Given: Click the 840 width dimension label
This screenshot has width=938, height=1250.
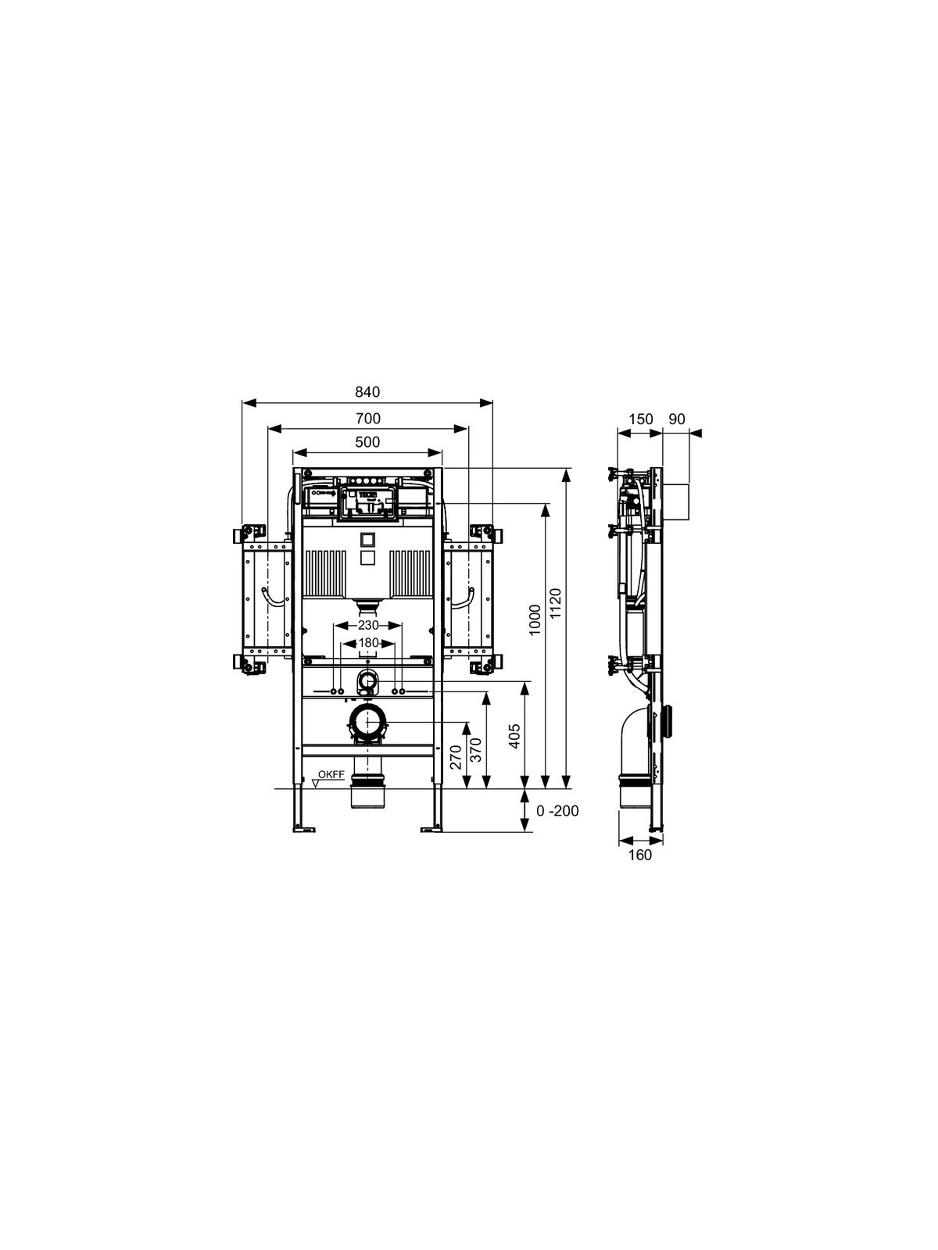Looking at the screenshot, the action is pyautogui.click(x=367, y=392).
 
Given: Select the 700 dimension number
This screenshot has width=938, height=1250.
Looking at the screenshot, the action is pyautogui.click(x=368, y=419).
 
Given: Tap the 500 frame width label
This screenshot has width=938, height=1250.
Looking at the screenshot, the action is pyautogui.click(x=368, y=442).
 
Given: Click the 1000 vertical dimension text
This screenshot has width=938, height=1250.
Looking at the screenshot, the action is pyautogui.click(x=535, y=620).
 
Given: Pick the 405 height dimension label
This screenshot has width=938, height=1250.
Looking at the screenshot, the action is pyautogui.click(x=514, y=737).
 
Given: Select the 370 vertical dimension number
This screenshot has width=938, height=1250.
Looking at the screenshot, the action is pyautogui.click(x=477, y=750).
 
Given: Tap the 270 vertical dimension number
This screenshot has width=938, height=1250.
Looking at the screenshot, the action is pyautogui.click(x=456, y=757).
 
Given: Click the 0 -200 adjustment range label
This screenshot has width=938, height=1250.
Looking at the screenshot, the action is pyautogui.click(x=557, y=810).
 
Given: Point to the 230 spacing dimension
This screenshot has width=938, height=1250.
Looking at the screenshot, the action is pyautogui.click(x=368, y=625).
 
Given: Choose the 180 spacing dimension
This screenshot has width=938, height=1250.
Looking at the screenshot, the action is pyautogui.click(x=368, y=643).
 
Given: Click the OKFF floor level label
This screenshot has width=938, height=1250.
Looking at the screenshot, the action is pyautogui.click(x=331, y=774).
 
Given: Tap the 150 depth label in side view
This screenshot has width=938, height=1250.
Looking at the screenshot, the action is pyautogui.click(x=640, y=419).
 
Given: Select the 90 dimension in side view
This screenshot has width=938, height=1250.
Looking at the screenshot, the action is pyautogui.click(x=677, y=419).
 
